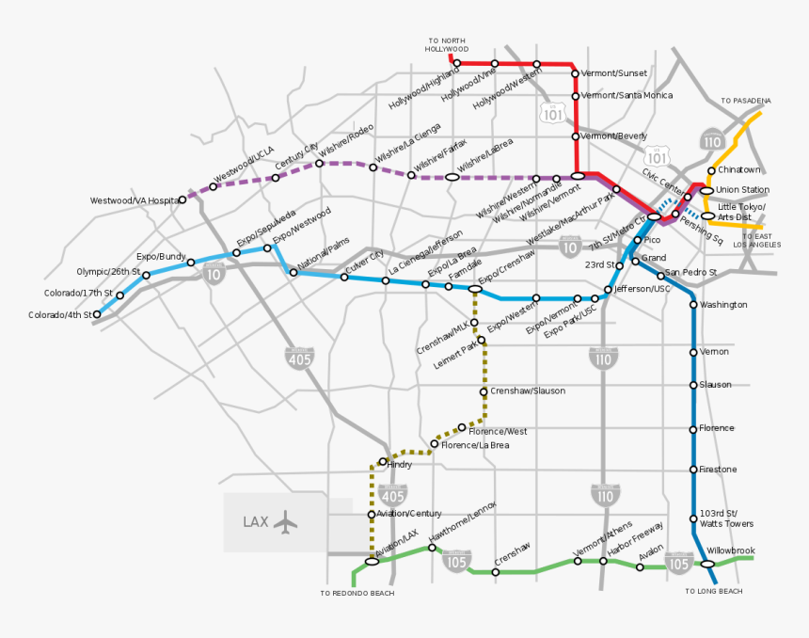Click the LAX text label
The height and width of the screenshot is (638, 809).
[256, 522]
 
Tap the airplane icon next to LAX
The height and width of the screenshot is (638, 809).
[285, 522]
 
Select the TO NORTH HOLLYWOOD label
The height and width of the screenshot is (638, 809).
[447, 44]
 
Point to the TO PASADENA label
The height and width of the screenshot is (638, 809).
[746, 101]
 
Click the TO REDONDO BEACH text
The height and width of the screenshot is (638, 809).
[357, 594]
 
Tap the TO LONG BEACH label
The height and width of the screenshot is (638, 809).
[714, 591]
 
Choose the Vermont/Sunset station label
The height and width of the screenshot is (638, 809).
[614, 72]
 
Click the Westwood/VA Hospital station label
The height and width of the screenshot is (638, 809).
[134, 200]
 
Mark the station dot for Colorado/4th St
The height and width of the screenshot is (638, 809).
[97, 315]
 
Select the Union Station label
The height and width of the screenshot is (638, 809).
[742, 190]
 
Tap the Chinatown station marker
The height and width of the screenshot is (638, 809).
[711, 170]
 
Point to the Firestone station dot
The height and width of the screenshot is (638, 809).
[693, 470]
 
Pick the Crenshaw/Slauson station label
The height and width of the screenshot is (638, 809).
[528, 391]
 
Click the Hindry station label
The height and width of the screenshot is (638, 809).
[400, 464]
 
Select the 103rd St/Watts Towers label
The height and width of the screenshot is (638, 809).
[726, 518]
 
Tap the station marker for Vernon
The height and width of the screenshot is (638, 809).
[693, 352]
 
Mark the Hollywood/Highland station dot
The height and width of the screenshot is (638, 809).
[457, 64]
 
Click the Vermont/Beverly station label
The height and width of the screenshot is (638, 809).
[614, 136]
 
